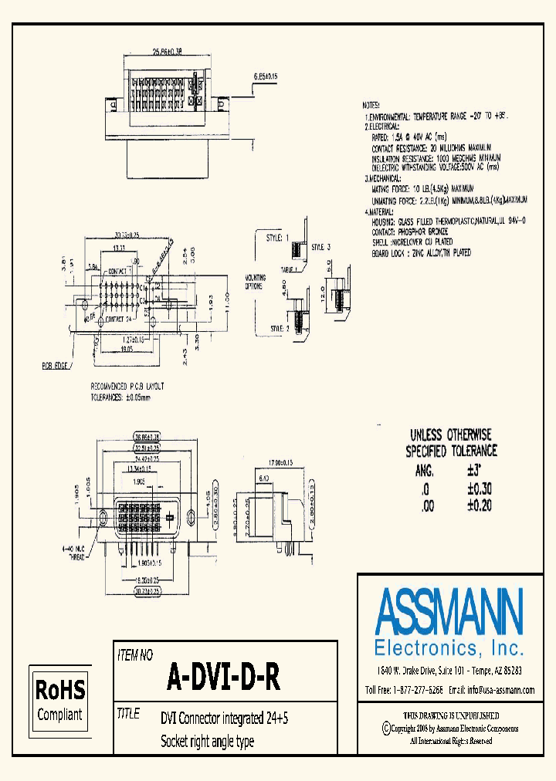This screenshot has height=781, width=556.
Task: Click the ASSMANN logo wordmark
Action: coord(449,611)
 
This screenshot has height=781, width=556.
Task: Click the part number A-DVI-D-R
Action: coord(223,678)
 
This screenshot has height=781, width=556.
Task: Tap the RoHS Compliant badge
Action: coord(60,698)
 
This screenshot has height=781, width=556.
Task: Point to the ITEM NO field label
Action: coord(135,655)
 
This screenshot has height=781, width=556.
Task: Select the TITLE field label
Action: coord(128,714)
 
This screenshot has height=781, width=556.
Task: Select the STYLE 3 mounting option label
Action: coord(320,247)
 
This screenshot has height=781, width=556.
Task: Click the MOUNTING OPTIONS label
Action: coord(256,282)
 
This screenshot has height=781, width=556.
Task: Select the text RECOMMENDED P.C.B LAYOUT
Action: coord(127,386)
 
